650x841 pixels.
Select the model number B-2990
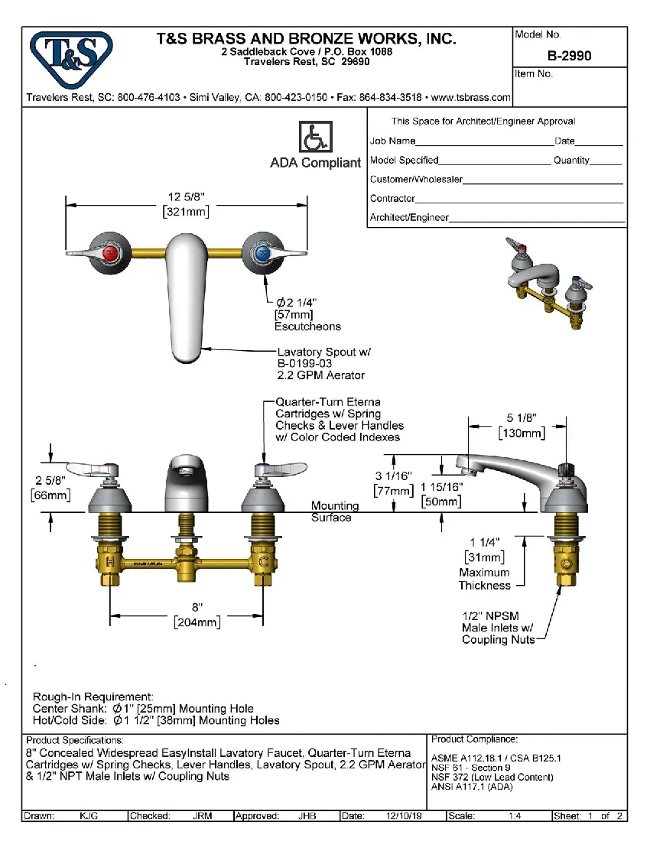point(569,56)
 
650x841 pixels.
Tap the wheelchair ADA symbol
point(314,138)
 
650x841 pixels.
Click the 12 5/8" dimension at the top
point(187,197)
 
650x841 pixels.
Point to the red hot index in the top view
point(111,252)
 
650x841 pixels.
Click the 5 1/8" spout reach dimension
point(522,418)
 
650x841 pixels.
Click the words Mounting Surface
point(333,511)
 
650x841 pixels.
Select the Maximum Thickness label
point(484,579)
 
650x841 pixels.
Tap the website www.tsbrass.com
point(471,98)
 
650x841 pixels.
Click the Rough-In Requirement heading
point(93,697)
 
